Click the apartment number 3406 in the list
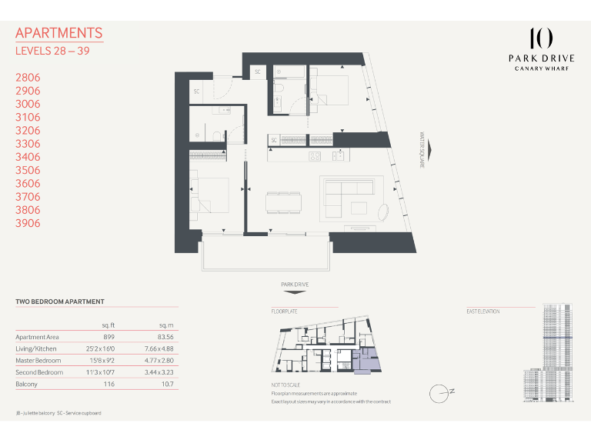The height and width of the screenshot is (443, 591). click(28, 157)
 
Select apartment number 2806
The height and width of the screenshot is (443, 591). click(28, 78)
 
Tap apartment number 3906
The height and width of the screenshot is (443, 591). click(28, 223)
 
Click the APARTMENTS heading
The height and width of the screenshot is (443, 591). click(58, 33)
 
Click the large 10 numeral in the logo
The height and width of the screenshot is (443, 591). click(541, 38)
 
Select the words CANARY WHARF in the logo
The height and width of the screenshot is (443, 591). click(541, 67)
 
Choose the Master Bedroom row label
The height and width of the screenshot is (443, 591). click(38, 360)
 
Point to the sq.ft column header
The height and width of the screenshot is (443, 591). click(109, 325)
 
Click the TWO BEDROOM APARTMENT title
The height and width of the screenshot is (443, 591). click(60, 301)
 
